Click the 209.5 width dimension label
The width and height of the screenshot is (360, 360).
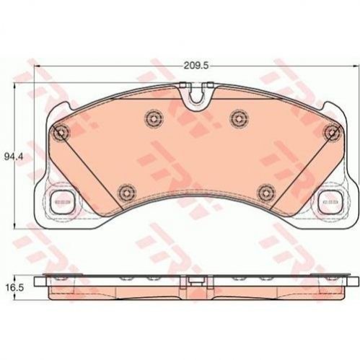tap(196, 66)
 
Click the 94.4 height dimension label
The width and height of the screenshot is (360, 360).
tap(14, 157)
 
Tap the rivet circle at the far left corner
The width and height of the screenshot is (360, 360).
tap(61, 132)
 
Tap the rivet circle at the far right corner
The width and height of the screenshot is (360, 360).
tap(333, 132)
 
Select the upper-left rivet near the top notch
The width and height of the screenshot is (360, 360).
tap(154, 118)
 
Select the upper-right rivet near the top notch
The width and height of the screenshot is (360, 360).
tap(239, 118)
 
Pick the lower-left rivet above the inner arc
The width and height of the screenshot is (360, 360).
tap(126, 192)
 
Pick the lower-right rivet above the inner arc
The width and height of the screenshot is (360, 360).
tap(265, 192)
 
